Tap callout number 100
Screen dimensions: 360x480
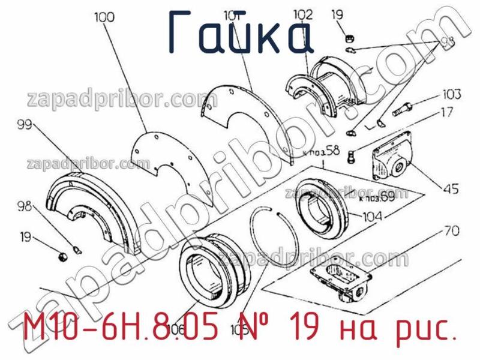pos(104,18)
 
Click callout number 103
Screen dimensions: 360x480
pos(452,95)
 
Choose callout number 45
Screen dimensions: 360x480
pos(451,190)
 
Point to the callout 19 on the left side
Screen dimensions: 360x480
pos(25,238)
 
